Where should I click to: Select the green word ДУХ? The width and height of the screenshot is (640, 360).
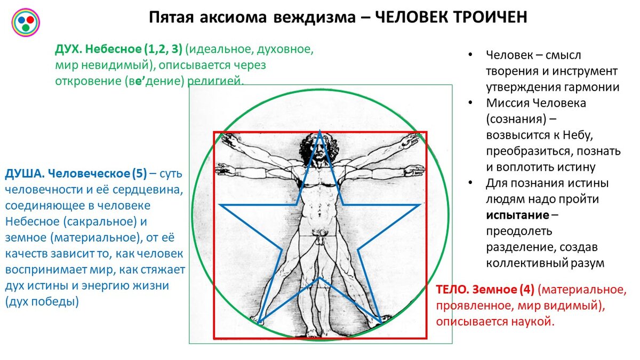point(67,50)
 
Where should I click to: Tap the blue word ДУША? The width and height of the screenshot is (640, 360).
point(23,174)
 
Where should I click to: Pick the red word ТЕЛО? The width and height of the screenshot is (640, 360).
point(451,290)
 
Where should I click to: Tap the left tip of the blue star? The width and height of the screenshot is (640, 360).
point(220,205)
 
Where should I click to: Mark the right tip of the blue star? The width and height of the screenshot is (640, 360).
point(419,205)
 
